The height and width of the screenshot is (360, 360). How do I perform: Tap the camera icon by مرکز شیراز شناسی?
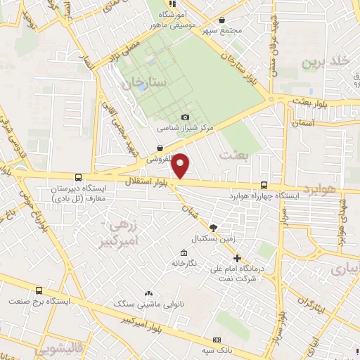(185, 117)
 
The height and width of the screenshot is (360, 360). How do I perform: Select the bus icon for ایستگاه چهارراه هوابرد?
(264, 185)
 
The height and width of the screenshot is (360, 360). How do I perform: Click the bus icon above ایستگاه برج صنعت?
(39, 290)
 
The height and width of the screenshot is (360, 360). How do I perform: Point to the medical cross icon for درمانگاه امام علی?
(237, 258)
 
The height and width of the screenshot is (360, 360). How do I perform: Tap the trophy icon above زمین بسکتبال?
(214, 226)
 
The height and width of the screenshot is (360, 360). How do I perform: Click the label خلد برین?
(325, 61)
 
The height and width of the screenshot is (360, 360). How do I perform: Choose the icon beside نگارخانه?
(184, 253)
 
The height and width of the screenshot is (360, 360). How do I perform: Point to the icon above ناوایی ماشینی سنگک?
(148, 292)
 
